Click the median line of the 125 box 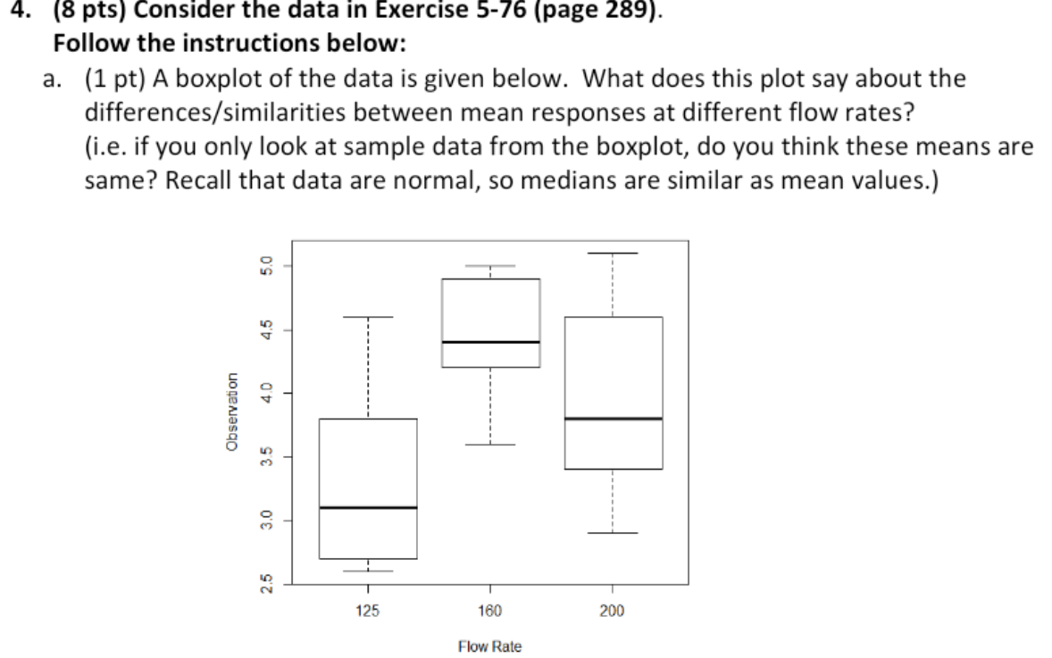[x=368, y=507]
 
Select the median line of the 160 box [x=490, y=342]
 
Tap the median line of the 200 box [x=613, y=418]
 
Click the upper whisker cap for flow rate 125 [x=368, y=317]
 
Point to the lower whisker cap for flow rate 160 [x=490, y=444]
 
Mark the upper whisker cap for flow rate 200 [x=613, y=254]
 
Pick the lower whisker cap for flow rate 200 [x=613, y=533]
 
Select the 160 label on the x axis [x=490, y=611]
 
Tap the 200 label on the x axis [x=613, y=611]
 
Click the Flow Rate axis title [x=489, y=646]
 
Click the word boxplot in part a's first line [x=212, y=79]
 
